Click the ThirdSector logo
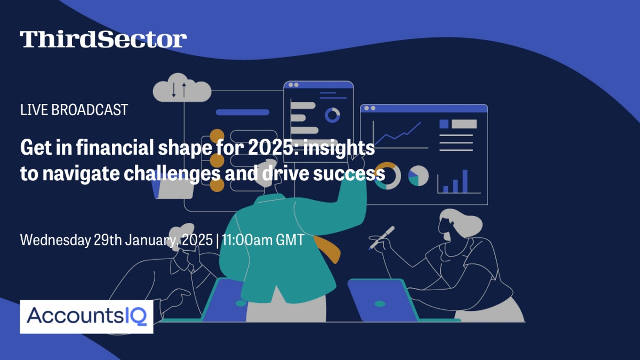coord(103,39)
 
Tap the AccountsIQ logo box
coord(86,317)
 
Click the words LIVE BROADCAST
coord(74,110)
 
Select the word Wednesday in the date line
coord(55,239)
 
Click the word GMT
coord(290,239)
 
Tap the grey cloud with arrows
coord(182,87)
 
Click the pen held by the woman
coord(382,237)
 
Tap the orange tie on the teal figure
coord(327,249)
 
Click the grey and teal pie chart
coord(418,175)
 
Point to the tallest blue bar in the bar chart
coord(465,181)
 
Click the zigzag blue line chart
coord(398,133)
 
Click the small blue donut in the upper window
coord(332,115)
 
